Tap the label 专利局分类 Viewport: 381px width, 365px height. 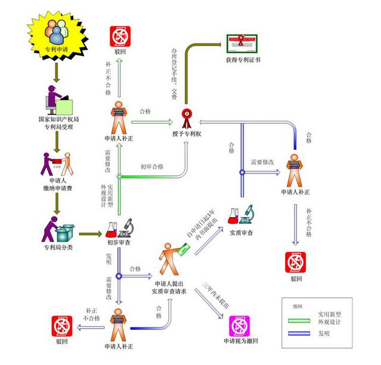(57, 247)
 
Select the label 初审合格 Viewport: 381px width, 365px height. (152, 166)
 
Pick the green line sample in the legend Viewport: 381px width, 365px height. (298, 320)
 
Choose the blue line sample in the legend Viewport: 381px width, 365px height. (298, 334)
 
